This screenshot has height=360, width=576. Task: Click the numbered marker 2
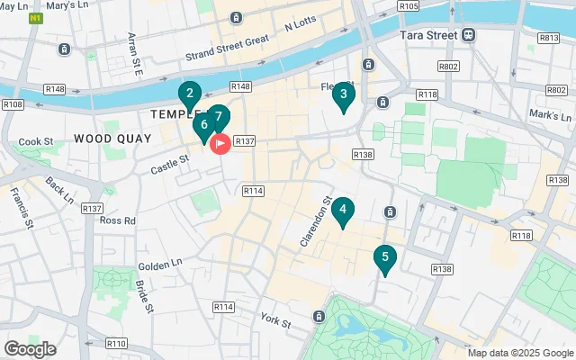tap(189, 94)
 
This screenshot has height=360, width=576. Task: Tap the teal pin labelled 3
tap(343, 94)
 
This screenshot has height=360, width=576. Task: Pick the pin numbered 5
tap(385, 258)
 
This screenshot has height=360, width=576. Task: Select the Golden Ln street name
tap(159, 266)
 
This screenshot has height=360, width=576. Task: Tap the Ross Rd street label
tap(118, 220)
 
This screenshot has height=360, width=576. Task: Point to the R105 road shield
tap(409, 6)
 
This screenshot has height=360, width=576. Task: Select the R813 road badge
tap(549, 38)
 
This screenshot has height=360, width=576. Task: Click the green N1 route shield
tap(35, 18)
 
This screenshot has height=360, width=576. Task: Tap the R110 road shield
tap(116, 343)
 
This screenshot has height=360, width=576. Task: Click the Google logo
tap(30, 348)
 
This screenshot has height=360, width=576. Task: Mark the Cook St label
tap(37, 141)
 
